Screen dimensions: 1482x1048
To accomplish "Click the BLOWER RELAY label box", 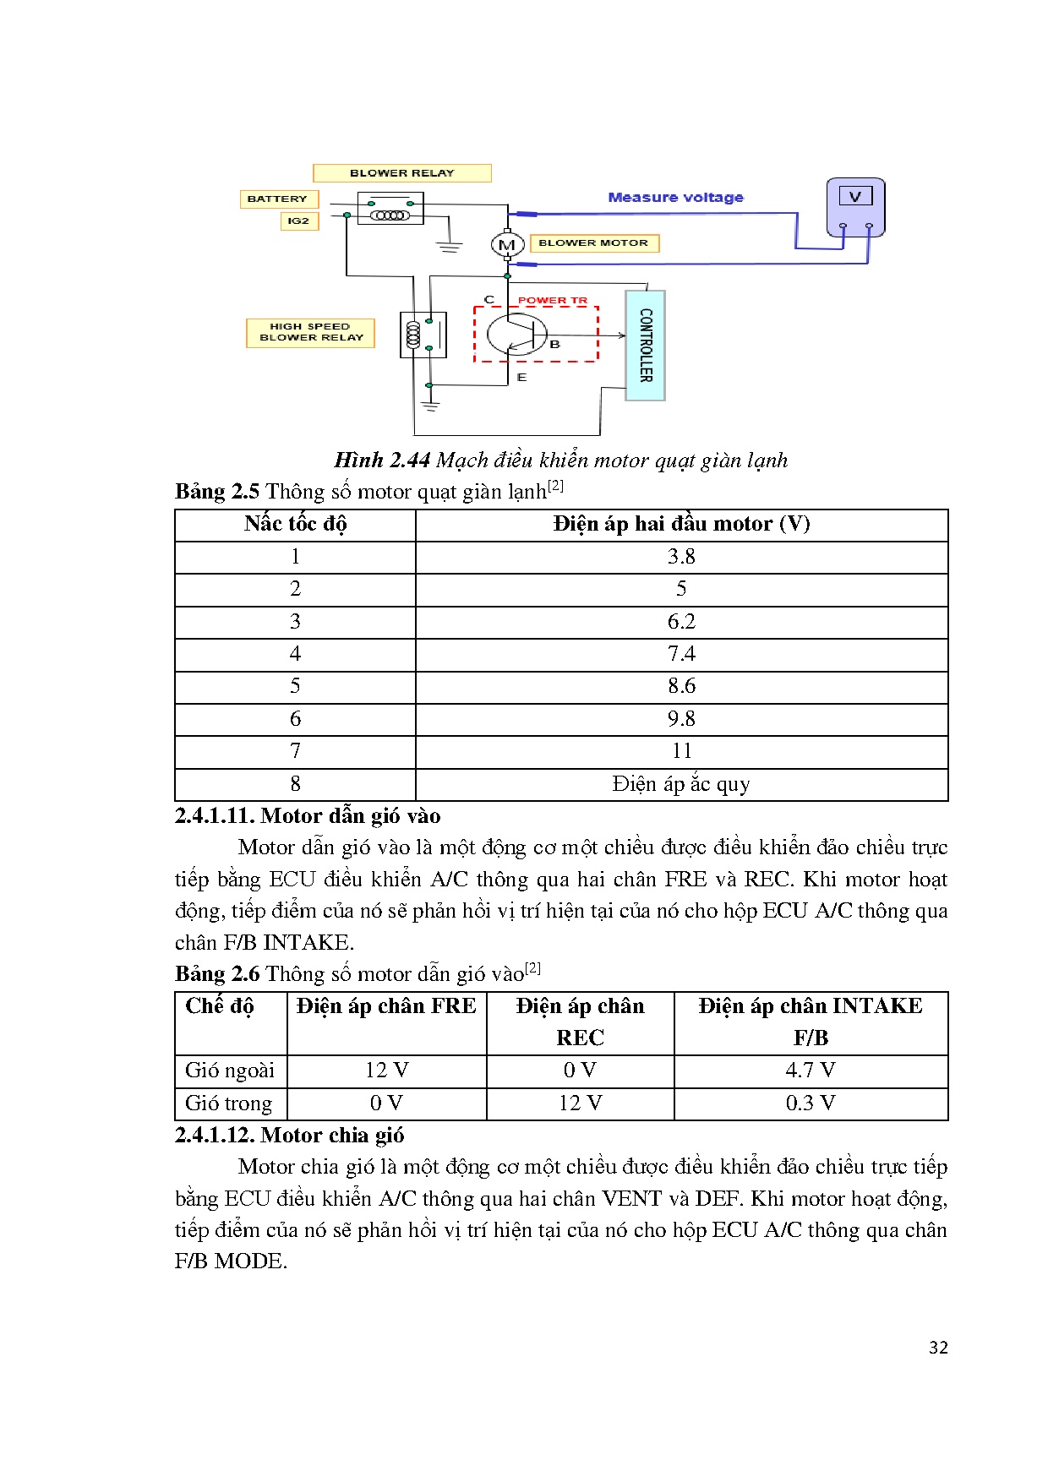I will pos(401,173).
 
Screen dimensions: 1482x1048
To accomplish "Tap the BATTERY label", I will pos(278,199).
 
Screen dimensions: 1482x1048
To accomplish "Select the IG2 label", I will pos(298,221).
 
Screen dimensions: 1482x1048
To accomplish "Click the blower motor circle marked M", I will pos(507,245).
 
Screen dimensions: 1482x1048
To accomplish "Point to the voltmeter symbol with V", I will pos(855,206).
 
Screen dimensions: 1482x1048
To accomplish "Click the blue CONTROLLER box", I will pos(646,345).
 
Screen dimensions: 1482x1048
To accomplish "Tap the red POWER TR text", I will pos(552,301).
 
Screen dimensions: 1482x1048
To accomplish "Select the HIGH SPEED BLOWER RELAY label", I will pos(310,332).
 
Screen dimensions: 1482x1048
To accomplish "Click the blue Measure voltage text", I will pos(675,198).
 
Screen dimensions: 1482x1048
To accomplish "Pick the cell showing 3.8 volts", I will pos(681,557).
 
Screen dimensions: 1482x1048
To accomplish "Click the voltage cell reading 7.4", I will pos(681,654).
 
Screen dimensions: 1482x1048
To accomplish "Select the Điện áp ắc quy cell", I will pos(681,784).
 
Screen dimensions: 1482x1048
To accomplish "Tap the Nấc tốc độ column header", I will pos(295,524).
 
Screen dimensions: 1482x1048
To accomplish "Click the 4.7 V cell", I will pos(810,1071).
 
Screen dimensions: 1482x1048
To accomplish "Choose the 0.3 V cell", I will pos(810,1103).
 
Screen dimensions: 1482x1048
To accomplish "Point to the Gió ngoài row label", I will pos(230,1071).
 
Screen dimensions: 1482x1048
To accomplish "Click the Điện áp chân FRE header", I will pos(386,1006).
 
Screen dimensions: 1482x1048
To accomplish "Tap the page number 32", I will pos(938,1348).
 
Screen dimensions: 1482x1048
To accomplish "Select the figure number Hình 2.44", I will pos(382,460).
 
